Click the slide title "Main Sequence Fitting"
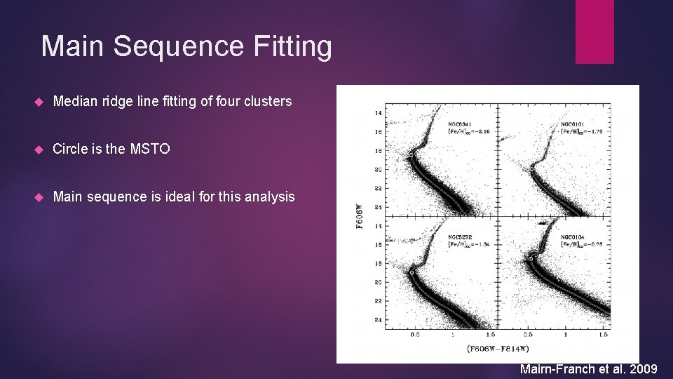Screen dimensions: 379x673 pyautogui.click(x=186, y=47)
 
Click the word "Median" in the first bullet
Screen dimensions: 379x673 pyautogui.click(x=75, y=101)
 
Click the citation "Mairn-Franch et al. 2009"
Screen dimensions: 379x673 pyautogui.click(x=588, y=369)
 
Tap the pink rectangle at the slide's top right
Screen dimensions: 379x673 pyautogui.click(x=594, y=32)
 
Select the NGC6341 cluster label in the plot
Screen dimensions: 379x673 pyautogui.click(x=461, y=124)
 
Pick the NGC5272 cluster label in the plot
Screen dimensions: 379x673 pyautogui.click(x=461, y=237)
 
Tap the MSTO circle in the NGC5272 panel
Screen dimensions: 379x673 pyautogui.click(x=412, y=270)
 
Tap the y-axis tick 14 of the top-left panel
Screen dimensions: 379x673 pyautogui.click(x=378, y=113)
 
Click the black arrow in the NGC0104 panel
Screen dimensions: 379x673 pyautogui.click(x=542, y=222)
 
